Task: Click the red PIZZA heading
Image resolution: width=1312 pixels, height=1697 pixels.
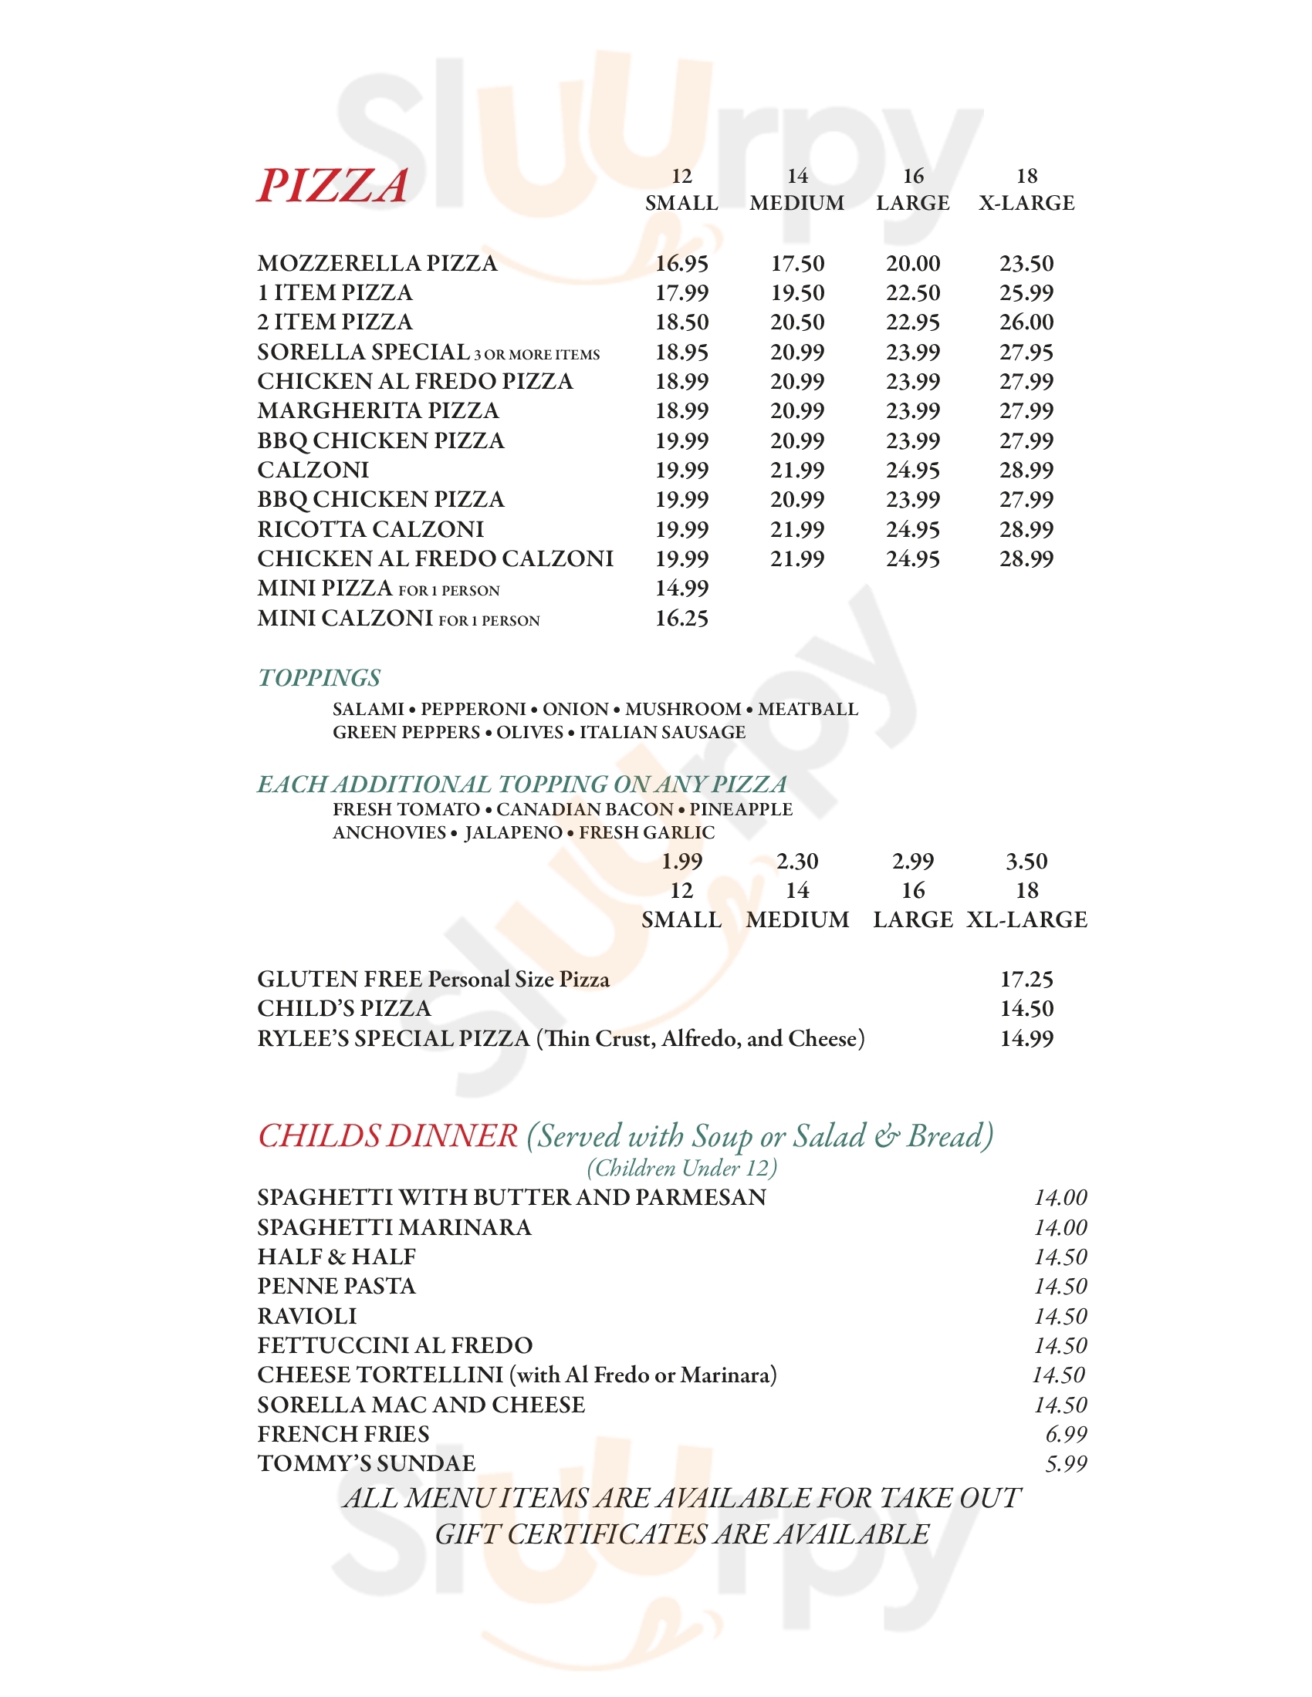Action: click(x=333, y=187)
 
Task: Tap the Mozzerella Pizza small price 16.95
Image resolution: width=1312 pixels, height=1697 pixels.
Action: click(x=681, y=263)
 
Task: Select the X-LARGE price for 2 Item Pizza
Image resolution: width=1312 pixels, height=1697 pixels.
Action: click(x=1026, y=322)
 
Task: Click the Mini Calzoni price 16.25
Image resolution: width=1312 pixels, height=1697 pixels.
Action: click(x=681, y=619)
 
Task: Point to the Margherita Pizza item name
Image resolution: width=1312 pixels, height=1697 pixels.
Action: click(x=377, y=410)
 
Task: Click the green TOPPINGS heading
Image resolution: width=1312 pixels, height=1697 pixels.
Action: click(x=319, y=677)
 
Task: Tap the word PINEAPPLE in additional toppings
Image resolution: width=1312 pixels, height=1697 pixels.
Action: click(x=741, y=809)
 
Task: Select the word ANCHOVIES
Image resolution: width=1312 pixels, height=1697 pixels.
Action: click(x=389, y=832)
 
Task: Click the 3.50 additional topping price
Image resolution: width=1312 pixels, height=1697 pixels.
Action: click(x=1026, y=861)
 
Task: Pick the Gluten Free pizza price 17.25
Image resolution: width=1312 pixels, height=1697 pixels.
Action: click(x=1026, y=979)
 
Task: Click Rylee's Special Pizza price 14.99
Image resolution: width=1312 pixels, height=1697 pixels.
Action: click(x=1026, y=1038)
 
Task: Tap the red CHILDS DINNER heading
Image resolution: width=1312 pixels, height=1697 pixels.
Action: click(x=387, y=1136)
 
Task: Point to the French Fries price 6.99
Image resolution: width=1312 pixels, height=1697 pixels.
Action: click(x=1066, y=1434)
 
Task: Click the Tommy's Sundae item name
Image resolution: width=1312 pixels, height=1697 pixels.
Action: click(x=366, y=1463)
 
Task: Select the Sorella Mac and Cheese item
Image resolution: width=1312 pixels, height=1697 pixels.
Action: click(x=421, y=1404)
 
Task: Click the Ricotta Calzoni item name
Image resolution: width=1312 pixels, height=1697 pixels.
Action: click(x=370, y=529)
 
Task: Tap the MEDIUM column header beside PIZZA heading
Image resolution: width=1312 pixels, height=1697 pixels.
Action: click(x=796, y=203)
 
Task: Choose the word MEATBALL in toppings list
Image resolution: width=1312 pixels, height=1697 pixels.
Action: click(x=807, y=709)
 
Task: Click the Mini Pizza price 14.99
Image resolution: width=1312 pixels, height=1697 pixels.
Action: click(x=681, y=589)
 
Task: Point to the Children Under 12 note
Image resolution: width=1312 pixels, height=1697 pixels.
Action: click(x=681, y=1168)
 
